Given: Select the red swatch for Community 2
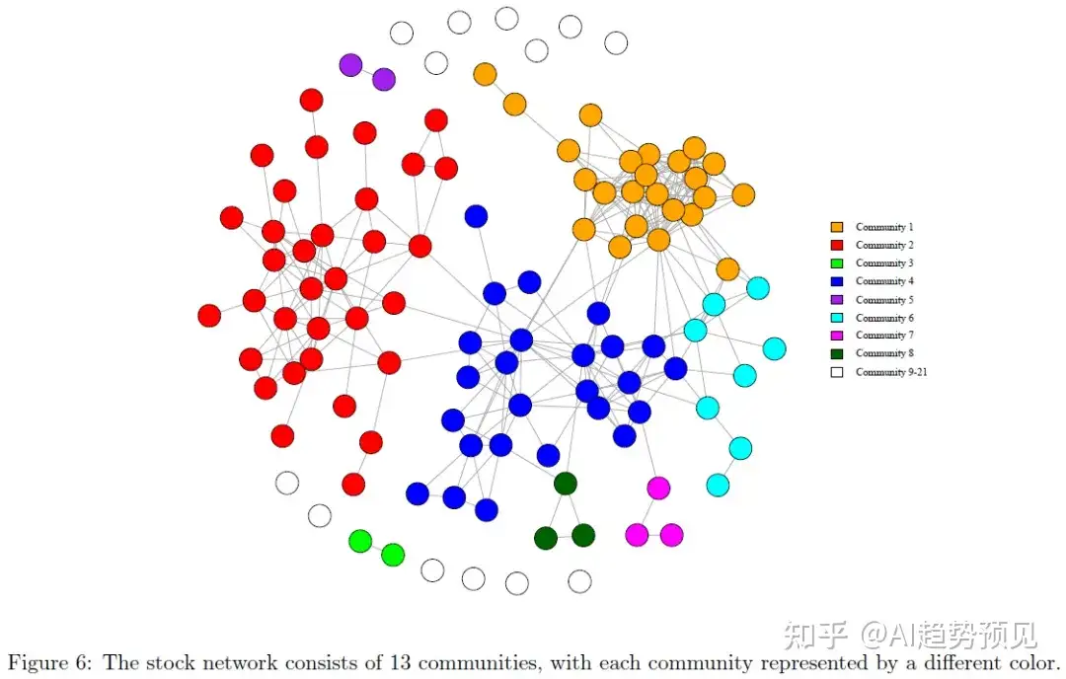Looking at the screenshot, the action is (x=837, y=245).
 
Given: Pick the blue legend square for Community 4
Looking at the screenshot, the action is (x=837, y=281).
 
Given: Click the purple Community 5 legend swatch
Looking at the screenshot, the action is (x=837, y=300).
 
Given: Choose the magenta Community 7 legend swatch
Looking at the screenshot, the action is (x=837, y=336).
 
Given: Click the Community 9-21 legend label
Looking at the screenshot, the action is (x=890, y=372).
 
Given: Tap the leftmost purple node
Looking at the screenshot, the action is (x=350, y=65).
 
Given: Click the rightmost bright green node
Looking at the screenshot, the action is (x=393, y=555).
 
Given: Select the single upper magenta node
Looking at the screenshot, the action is (x=658, y=488).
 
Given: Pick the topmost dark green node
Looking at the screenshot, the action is (x=566, y=484).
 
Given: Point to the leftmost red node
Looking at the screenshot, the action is (x=209, y=316).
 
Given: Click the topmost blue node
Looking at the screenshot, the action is (x=476, y=216).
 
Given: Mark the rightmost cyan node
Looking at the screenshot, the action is (x=774, y=348).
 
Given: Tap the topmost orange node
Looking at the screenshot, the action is (x=485, y=74).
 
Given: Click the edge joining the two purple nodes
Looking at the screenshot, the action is (x=367, y=72).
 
